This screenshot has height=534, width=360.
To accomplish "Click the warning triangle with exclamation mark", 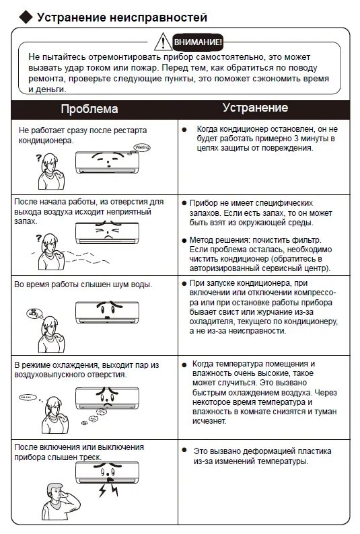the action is (163, 42).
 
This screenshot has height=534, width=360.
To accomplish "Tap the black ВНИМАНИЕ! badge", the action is (198, 42).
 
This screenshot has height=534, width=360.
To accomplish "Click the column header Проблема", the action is (89, 109).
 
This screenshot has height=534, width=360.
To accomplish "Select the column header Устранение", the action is (256, 108).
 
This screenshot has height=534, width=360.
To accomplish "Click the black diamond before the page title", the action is (26, 17).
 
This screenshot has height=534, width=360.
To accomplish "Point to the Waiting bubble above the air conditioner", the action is (142, 147).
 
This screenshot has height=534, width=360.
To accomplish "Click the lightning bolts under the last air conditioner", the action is (108, 490).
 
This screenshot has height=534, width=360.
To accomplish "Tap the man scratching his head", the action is (61, 500).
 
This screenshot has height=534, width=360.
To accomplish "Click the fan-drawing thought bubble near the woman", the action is (34, 313).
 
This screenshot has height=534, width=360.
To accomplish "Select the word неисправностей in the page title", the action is (158, 17).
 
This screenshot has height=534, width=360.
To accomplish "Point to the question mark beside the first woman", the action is (38, 157).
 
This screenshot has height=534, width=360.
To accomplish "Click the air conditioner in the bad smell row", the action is (107, 232).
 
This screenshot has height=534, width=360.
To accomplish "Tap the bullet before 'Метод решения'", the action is (184, 240).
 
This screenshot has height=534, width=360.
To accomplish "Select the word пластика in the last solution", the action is (314, 451).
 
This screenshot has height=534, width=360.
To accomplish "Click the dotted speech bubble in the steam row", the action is (28, 397).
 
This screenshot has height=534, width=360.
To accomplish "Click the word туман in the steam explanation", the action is (325, 412).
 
